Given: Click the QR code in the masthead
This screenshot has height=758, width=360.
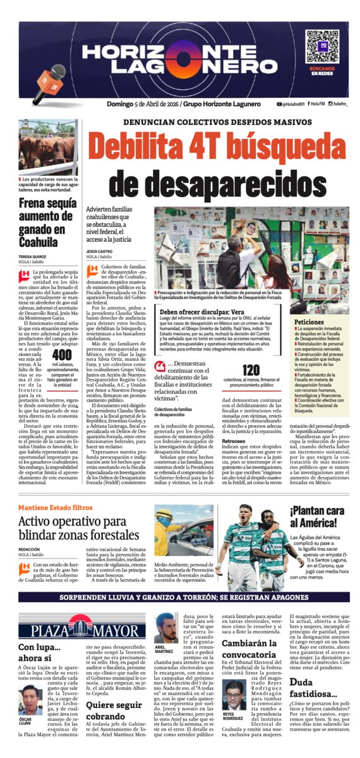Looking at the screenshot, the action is pyautogui.click(x=318, y=43).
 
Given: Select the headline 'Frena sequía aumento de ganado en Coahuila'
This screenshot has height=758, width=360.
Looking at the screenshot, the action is pyautogui.click(x=47, y=224).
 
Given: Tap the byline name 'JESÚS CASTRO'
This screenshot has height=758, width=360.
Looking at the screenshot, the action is pyautogui.click(x=101, y=250).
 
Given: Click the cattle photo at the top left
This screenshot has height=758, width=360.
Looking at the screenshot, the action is pyautogui.click(x=49, y=147).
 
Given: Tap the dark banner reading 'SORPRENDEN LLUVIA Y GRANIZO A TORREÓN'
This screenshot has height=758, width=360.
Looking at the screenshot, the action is pyautogui.click(x=180, y=596).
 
